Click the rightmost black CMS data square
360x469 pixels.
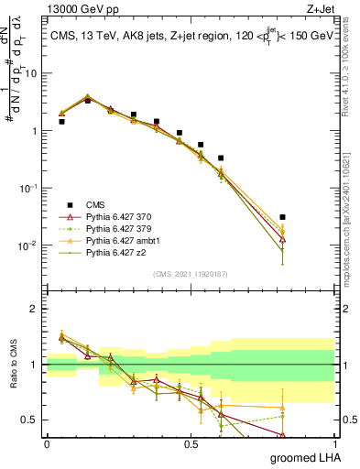(x=283, y=217)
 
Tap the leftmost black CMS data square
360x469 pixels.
(x=61, y=121)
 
